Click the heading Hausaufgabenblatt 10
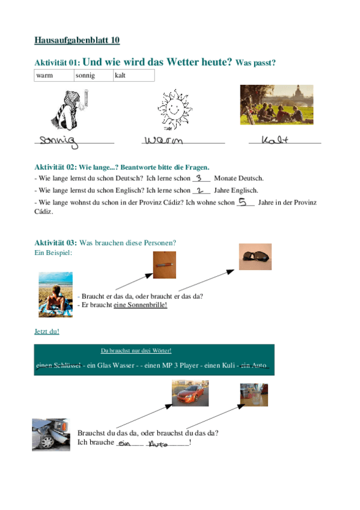pyautogui.click(x=77, y=40)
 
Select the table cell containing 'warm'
pyautogui.click(x=54, y=75)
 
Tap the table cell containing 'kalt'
pyautogui.click(x=133, y=75)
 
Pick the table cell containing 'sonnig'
pyautogui.click(x=93, y=75)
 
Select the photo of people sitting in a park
pyautogui.click(x=276, y=105)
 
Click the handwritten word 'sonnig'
pyautogui.click(x=57, y=141)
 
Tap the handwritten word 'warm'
pyautogui.click(x=163, y=141)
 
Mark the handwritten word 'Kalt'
pyautogui.click(x=276, y=140)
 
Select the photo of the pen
pyautogui.click(x=164, y=265)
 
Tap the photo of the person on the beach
pyautogui.click(x=56, y=294)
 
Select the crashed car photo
pyautogui.click(x=51, y=434)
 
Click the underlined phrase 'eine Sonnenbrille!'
pyautogui.click(x=141, y=305)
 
